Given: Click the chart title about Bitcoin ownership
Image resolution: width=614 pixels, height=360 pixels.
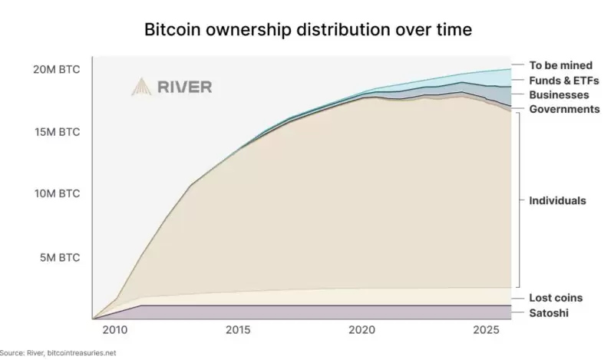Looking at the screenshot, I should coord(308,31).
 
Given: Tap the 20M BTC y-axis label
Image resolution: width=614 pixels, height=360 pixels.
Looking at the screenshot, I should coord(56,69).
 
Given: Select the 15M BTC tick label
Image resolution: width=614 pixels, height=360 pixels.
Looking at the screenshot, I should coord(56,132).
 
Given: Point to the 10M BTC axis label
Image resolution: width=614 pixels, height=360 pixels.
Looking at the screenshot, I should coord(56,193).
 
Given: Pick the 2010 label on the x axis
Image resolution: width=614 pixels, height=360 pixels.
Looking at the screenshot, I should coord(115,329).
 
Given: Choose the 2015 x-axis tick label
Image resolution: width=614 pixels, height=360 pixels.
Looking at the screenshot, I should coord(239,329).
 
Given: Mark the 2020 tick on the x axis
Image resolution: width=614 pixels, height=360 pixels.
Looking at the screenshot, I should coord(362,329).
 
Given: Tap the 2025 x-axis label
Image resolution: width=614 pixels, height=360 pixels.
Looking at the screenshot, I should coord(486,329).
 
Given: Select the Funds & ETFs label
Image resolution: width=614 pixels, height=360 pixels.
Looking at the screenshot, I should coord(563,80).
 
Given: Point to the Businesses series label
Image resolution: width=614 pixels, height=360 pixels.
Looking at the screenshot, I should coord(559,94).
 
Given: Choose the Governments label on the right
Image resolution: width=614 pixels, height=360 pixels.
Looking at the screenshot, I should coord(564,109).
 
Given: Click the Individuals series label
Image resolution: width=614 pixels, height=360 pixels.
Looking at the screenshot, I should coord(557,200).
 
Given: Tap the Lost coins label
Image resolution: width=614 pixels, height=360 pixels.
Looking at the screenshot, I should coord(556,297).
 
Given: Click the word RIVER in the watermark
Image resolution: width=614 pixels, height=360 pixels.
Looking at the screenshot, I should coord(184,87).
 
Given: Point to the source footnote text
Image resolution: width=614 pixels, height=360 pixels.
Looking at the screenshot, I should coord(58,352).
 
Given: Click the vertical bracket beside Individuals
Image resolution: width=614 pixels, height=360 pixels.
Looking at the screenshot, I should coord(520,200).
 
